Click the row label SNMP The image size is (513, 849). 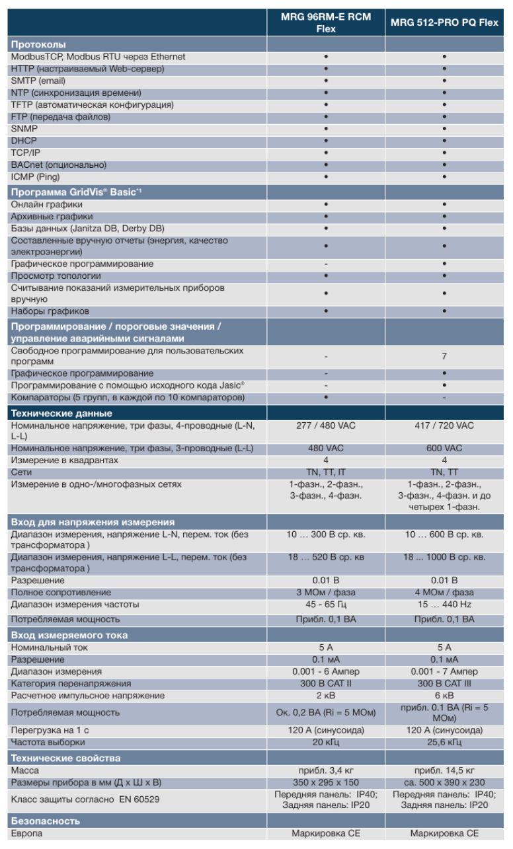(x=24, y=129)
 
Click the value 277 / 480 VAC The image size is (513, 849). (x=325, y=425)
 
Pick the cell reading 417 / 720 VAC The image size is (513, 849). (x=444, y=425)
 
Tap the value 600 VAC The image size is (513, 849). (x=444, y=449)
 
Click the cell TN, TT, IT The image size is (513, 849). (x=325, y=472)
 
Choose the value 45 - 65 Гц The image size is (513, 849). (x=325, y=605)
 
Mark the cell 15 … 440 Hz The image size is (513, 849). (x=444, y=605)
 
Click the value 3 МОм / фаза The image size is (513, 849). (x=325, y=593)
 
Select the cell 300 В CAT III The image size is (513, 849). (x=444, y=683)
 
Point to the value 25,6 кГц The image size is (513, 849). (x=444, y=743)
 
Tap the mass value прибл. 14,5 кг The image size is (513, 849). (x=444, y=770)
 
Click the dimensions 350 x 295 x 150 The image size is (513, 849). (x=325, y=783)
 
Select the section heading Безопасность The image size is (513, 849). (x=45, y=821)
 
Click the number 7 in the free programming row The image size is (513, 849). (x=444, y=356)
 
